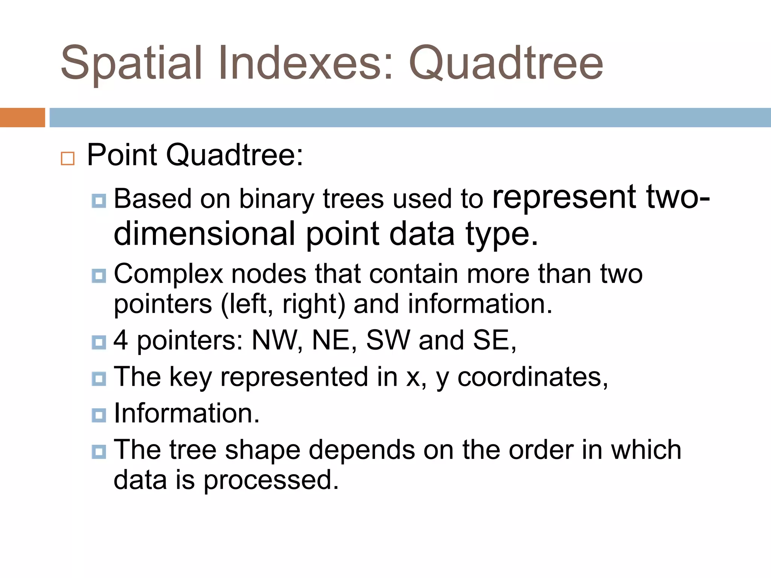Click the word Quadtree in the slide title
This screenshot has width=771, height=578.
point(506,63)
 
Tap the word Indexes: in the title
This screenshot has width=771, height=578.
point(305,63)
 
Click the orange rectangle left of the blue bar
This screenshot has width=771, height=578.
point(22,117)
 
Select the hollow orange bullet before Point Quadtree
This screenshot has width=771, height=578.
point(68,158)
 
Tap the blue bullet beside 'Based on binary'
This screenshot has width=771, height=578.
point(99,201)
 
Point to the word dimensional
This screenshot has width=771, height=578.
point(204,234)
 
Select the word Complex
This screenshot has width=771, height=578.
point(168,274)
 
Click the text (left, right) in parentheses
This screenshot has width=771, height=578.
point(282,304)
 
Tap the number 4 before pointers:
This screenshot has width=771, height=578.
point(120,340)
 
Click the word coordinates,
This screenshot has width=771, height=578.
point(532,377)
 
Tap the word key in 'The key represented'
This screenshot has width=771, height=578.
point(190,377)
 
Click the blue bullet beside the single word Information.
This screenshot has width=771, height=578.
point(99,415)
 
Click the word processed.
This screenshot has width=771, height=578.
point(271,480)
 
